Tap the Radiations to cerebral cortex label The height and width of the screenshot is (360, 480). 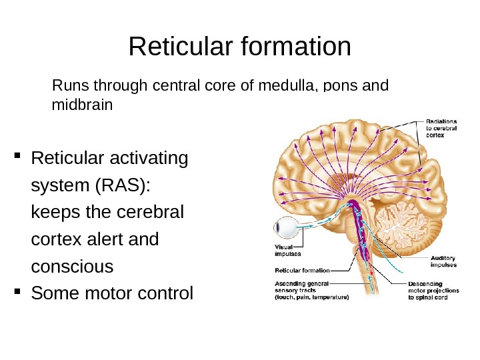click(442, 127)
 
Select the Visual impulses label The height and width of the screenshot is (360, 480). click(288, 249)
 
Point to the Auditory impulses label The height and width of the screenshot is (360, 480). click(443, 261)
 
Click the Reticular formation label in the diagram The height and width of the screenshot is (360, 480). click(302, 271)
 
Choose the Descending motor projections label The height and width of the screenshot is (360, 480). click(434, 291)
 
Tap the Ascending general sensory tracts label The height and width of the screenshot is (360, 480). click(310, 291)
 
